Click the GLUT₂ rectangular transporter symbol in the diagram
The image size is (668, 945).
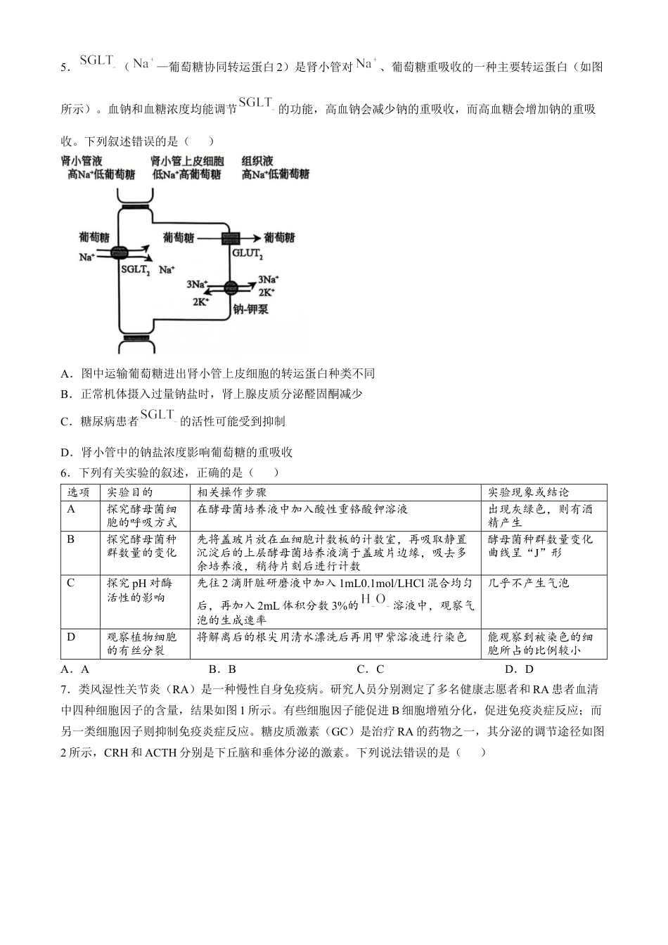(x=231, y=238)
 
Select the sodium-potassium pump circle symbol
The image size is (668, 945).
(x=231, y=287)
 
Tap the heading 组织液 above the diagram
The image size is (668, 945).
(x=257, y=161)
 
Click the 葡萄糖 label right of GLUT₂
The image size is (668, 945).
(x=279, y=238)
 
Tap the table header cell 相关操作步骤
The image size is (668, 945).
(x=232, y=492)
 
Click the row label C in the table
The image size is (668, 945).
(x=70, y=582)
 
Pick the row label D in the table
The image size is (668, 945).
(x=70, y=636)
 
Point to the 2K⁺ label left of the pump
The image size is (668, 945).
(x=201, y=300)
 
